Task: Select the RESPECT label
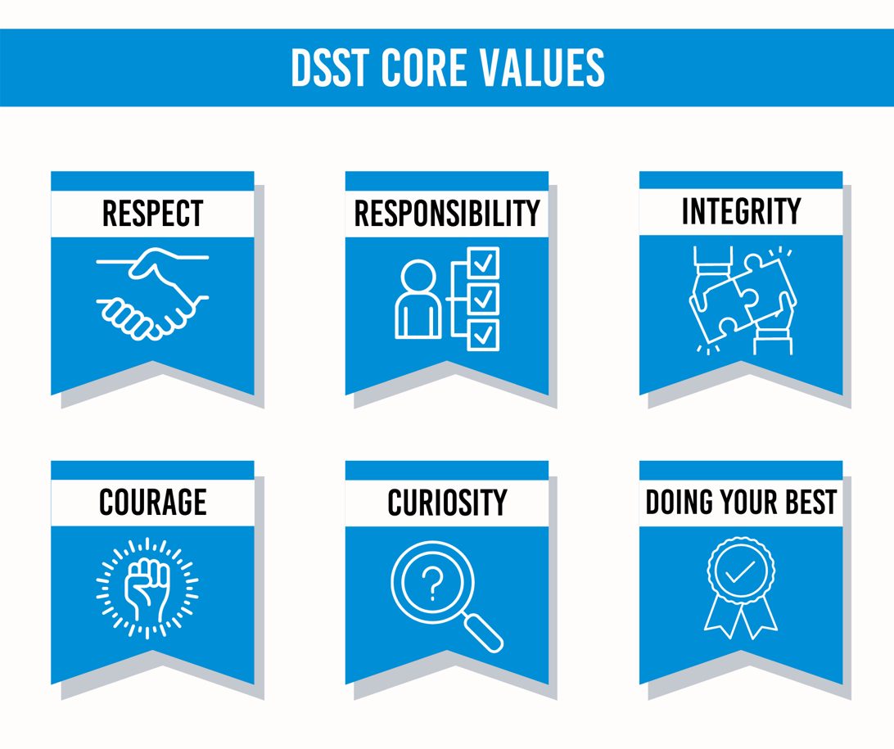coord(152,213)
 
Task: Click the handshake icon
coord(152,294)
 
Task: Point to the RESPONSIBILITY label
coord(447,213)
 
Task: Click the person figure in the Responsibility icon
coord(418,300)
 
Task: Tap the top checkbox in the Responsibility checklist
coord(483,263)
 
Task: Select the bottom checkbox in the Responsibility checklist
coord(483,335)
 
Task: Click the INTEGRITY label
coord(741,211)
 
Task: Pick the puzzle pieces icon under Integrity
coord(743,300)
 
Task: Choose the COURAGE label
coord(152,502)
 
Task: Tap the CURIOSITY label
coord(447,503)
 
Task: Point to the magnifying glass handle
coord(483,633)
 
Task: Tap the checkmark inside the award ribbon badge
coord(741,571)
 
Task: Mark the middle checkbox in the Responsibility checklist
coord(483,299)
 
